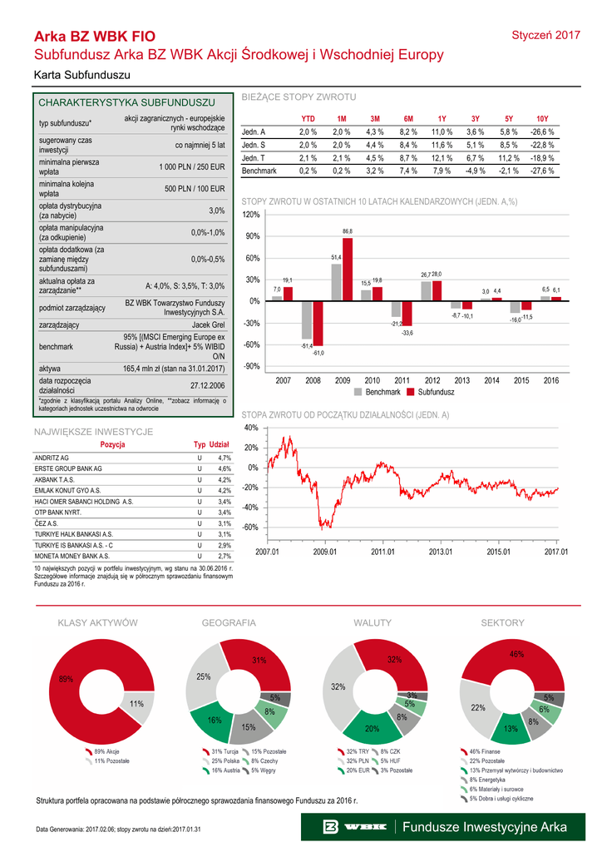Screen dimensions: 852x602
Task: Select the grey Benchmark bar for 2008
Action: tap(307, 319)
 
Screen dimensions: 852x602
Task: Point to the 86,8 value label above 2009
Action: tap(348, 231)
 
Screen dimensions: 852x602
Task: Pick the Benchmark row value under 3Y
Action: tap(475, 170)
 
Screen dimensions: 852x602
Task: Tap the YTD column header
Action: tap(308, 119)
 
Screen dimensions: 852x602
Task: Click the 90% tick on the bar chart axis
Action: tap(251, 237)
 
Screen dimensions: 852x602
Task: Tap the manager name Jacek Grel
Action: tap(208, 325)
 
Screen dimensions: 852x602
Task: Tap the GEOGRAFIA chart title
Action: tap(229, 623)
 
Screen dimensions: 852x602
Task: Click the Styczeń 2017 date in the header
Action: tap(545, 35)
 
